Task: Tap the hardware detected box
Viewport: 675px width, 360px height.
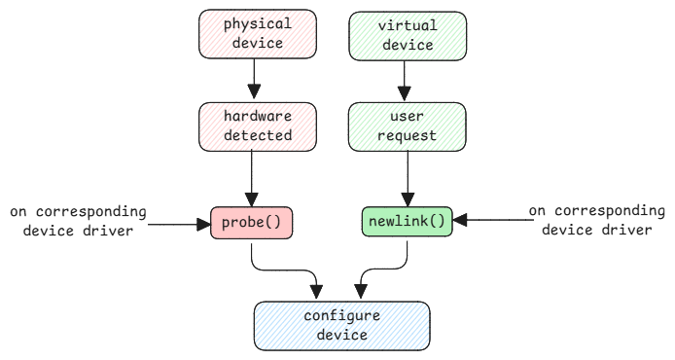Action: coord(252,126)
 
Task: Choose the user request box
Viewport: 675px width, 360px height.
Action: coord(408,126)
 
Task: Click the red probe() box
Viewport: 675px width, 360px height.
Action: coord(252,221)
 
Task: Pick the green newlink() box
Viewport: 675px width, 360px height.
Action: coord(408,221)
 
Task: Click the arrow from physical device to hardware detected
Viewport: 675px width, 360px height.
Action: coord(252,79)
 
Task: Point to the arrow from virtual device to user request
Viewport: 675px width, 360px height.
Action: coord(408,79)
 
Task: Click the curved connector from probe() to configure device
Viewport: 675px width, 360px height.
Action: coord(282,270)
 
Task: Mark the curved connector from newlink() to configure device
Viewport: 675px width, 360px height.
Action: coord(384,270)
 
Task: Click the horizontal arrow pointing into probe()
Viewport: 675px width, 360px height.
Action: coord(180,222)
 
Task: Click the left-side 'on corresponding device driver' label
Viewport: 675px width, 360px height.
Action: coord(78,222)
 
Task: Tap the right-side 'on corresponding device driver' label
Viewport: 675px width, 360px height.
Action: coord(595,221)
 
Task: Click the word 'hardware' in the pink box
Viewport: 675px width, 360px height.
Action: coord(252,117)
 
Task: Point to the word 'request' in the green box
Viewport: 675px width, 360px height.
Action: coord(408,135)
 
